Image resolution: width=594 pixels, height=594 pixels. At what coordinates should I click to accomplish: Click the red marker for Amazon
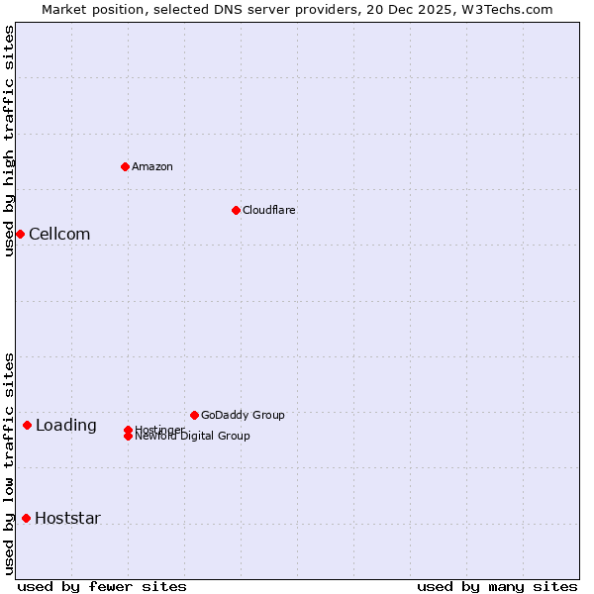(x=126, y=166)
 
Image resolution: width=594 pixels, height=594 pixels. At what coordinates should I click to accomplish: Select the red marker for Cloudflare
(x=236, y=210)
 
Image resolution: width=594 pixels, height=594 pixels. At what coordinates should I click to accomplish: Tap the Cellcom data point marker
(x=20, y=234)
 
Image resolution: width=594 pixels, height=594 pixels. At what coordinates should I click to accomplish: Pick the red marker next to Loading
(x=27, y=426)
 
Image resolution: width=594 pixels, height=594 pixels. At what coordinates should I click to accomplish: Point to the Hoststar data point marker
(x=26, y=518)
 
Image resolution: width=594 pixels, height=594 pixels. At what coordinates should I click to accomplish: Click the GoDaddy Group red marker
(x=194, y=415)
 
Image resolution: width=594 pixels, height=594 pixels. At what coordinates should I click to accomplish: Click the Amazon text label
(x=152, y=166)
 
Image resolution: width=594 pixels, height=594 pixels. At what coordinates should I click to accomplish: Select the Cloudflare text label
(x=269, y=210)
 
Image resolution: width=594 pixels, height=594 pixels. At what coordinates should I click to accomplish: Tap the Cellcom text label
(x=59, y=234)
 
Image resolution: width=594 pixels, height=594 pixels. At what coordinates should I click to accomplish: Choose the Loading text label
(x=66, y=426)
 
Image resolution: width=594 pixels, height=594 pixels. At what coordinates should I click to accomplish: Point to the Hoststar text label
(x=67, y=518)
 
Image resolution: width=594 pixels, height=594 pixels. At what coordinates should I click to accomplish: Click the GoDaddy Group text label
(x=243, y=415)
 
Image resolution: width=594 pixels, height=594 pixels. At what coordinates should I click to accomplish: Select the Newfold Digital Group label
(x=193, y=437)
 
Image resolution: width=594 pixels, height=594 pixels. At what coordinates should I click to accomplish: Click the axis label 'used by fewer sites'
(x=102, y=586)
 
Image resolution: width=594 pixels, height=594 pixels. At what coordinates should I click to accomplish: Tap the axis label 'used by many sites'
(x=497, y=586)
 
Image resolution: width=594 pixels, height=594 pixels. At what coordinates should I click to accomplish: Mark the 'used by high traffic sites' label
(x=10, y=141)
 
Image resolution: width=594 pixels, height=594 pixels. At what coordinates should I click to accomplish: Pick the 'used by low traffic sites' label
(x=10, y=463)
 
